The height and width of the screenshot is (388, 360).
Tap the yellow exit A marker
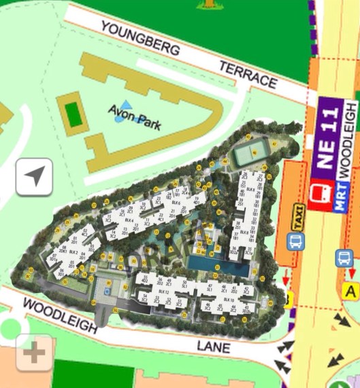click(x=350, y=291)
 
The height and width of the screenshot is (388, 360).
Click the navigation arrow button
click(x=34, y=178)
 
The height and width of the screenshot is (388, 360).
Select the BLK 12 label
click(x=163, y=291)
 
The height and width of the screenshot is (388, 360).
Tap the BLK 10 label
click(x=229, y=300)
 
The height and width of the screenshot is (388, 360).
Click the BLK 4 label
click(x=129, y=220)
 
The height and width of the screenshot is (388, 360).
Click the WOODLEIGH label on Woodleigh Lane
click(x=60, y=317)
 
